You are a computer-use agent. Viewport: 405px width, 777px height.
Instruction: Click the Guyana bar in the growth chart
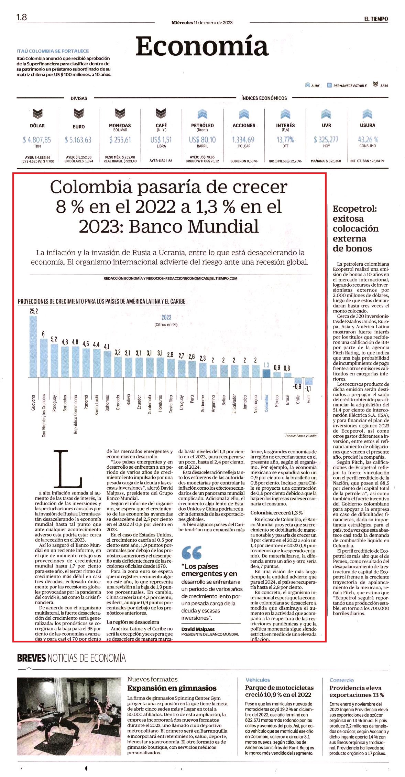[33, 347]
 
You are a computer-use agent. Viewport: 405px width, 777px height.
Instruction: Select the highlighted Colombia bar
[266, 374]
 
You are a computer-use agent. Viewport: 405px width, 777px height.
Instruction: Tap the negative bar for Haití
[308, 381]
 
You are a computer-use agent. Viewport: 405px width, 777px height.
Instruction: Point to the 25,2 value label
[34, 311]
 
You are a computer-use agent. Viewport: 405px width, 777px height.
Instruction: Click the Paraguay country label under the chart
[54, 403]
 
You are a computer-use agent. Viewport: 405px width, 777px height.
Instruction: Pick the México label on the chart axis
[277, 401]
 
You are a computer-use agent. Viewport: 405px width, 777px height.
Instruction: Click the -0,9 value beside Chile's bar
[297, 386]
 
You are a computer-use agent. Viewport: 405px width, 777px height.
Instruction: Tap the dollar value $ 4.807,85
[37, 140]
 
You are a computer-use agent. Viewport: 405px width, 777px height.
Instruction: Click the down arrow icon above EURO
[79, 113]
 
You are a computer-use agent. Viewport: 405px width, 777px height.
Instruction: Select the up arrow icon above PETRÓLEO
[202, 114]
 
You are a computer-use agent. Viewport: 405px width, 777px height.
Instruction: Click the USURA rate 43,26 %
[368, 139]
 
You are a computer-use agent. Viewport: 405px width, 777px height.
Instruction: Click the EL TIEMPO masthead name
[376, 19]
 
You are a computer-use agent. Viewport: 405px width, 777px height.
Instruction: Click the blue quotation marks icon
[191, 552]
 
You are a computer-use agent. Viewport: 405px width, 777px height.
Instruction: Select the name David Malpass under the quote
[198, 629]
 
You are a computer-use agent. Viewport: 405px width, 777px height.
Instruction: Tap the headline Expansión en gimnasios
[172, 688]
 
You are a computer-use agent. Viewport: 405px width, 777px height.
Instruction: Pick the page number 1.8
[22, 17]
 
